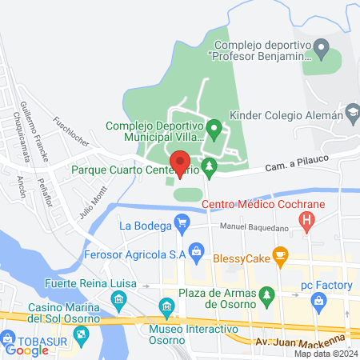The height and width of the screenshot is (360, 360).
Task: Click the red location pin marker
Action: coord(181,162)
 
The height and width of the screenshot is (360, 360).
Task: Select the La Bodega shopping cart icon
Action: coord(182,225)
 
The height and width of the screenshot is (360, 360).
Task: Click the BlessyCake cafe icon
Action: coord(279,255)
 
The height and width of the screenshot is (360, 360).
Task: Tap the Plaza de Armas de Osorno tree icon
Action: coord(266,297)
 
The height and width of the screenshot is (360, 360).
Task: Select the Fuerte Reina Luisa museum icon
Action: coord(118,300)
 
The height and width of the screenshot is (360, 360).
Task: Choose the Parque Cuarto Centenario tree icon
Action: coord(210,169)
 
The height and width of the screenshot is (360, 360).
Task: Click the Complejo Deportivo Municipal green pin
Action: coord(214,127)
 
